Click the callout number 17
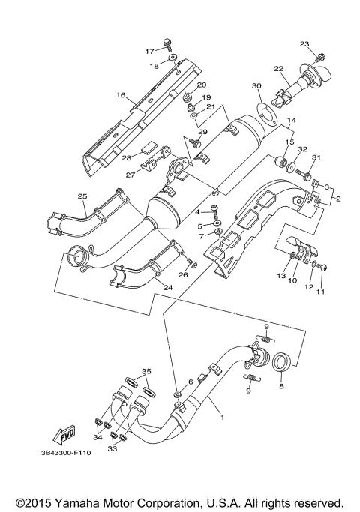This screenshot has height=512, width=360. [x=149, y=51]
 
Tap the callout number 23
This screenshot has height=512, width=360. [x=304, y=43]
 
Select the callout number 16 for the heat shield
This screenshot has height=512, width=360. [x=120, y=96]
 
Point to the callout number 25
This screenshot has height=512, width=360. [x=82, y=196]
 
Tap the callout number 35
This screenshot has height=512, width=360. [x=147, y=371]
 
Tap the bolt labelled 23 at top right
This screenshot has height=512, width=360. [x=321, y=55]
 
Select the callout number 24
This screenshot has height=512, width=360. [x=168, y=287]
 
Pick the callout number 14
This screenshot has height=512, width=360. [x=291, y=120]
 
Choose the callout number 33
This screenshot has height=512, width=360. [x=112, y=448]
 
